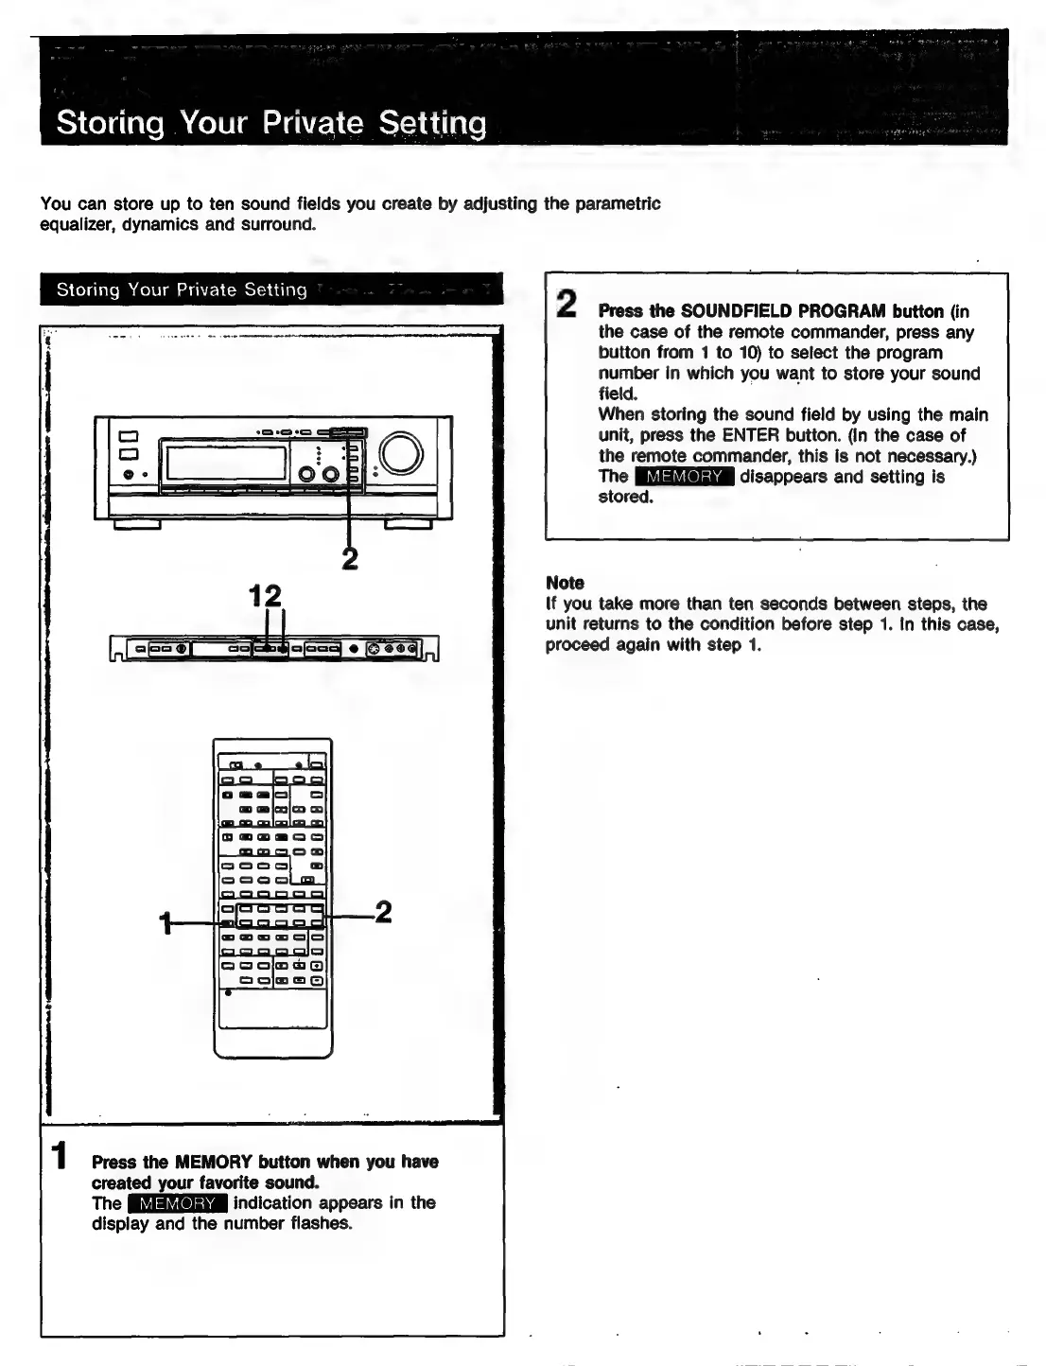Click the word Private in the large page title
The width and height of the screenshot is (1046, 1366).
(x=312, y=124)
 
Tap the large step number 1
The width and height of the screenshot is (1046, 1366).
(x=59, y=1157)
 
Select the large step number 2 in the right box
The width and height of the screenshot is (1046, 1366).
(x=566, y=304)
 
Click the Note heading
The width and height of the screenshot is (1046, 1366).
(x=565, y=583)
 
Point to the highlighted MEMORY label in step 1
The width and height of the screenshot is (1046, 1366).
(x=178, y=1203)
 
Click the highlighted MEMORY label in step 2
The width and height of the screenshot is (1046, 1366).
(x=684, y=477)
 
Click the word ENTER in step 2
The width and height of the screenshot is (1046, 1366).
(x=751, y=435)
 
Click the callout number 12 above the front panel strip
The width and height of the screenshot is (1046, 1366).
(x=265, y=596)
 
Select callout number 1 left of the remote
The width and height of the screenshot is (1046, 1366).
(x=166, y=922)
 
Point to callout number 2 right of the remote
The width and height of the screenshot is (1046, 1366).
(x=382, y=912)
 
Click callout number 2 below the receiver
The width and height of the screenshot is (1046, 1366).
(x=350, y=560)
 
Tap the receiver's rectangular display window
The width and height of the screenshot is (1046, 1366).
(x=226, y=463)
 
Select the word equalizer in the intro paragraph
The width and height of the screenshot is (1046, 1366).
(x=78, y=224)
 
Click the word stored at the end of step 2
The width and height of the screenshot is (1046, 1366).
(x=624, y=497)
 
